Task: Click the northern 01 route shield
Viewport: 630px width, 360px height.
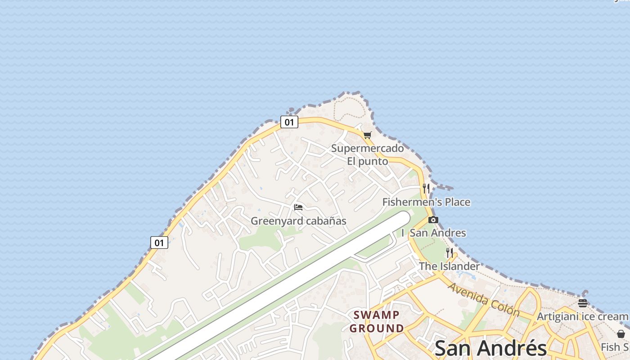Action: pyautogui.click(x=289, y=122)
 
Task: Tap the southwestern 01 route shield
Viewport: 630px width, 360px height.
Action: pyautogui.click(x=159, y=243)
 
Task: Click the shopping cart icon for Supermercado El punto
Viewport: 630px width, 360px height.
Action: pyautogui.click(x=368, y=135)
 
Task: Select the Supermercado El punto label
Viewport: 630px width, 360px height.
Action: pyautogui.click(x=367, y=154)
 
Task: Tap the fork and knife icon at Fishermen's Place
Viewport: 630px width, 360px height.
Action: pyautogui.click(x=426, y=188)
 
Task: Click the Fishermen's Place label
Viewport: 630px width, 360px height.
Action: pyautogui.click(x=426, y=202)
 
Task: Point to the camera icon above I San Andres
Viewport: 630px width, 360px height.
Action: pyautogui.click(x=433, y=220)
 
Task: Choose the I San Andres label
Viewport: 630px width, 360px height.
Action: pyautogui.click(x=434, y=233)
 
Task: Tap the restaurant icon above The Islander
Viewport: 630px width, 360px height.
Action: pyautogui.click(x=450, y=252)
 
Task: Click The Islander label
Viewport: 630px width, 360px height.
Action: pyautogui.click(x=450, y=266)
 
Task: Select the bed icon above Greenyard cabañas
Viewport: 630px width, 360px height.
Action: pyautogui.click(x=298, y=207)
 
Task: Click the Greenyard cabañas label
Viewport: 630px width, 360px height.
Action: pyautogui.click(x=298, y=221)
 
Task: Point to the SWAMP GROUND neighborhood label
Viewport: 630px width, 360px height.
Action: pyautogui.click(x=377, y=321)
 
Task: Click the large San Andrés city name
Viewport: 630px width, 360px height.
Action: pyautogui.click(x=490, y=348)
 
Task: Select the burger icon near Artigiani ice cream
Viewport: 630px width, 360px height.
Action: pyautogui.click(x=583, y=303)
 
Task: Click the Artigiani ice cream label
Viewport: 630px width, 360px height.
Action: pyautogui.click(x=583, y=316)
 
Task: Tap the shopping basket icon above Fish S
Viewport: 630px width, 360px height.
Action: pyautogui.click(x=621, y=334)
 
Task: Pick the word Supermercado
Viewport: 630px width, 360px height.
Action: pyautogui.click(x=367, y=148)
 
